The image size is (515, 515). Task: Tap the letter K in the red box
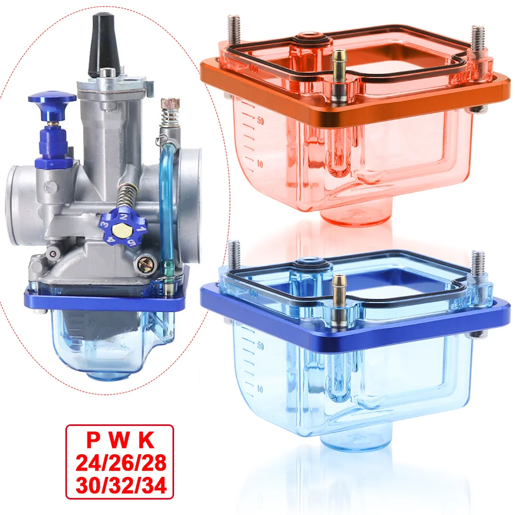coord(147,441)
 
